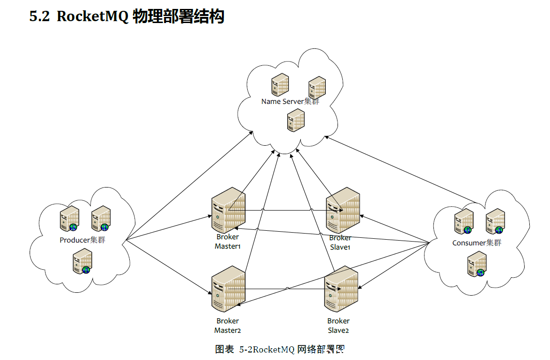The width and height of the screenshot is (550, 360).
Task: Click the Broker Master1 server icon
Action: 228,210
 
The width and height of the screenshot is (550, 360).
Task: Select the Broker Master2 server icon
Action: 228,289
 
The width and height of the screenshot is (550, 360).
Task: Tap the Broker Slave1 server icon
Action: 343,210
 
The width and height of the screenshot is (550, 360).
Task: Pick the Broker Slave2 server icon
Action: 341,289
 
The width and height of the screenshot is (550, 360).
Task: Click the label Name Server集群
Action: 291,102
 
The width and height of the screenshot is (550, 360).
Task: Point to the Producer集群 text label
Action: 82,240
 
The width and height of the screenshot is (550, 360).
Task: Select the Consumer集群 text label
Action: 477,243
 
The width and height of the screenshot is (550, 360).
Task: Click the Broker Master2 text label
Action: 228,325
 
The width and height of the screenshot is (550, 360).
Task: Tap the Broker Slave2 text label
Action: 338,325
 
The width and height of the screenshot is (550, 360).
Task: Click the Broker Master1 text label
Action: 228,242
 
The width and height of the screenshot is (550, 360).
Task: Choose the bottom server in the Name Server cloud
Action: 296,120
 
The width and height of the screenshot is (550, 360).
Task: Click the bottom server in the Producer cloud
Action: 82,261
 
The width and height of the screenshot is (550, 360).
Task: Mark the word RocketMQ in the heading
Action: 93,16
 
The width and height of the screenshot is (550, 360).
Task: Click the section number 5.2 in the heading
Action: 39,16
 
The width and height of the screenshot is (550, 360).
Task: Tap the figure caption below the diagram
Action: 280,349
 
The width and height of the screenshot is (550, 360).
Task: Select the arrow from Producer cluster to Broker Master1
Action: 169,228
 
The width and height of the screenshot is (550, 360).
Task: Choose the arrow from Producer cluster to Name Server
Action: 189,186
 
